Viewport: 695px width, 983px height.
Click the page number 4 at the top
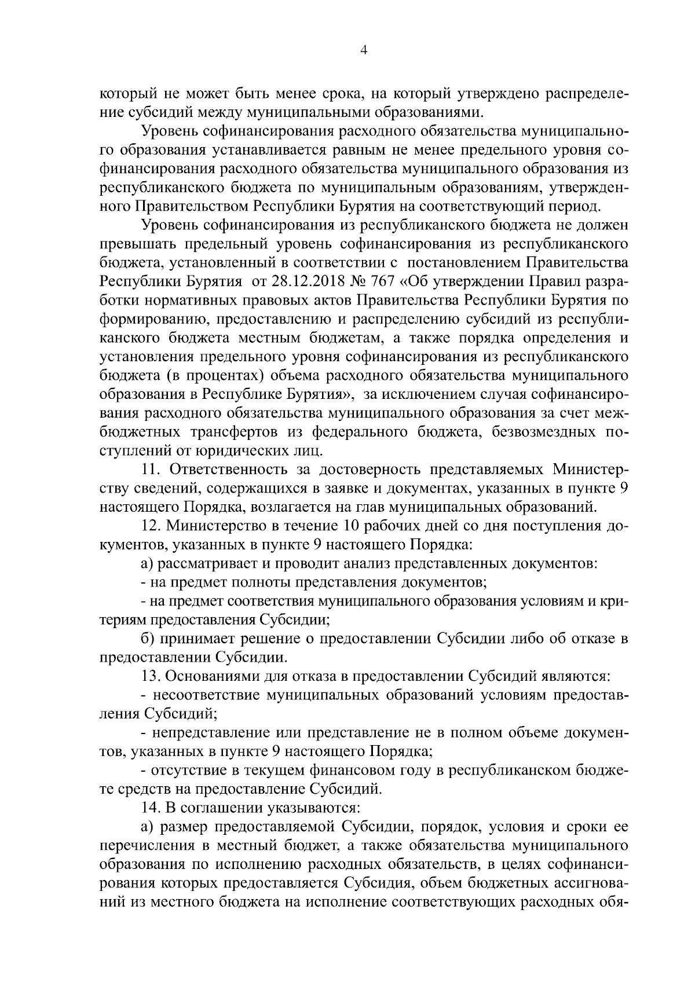coord(363,50)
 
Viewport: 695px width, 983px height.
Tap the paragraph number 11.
coord(151,468)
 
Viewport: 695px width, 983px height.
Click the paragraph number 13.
coord(151,676)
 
